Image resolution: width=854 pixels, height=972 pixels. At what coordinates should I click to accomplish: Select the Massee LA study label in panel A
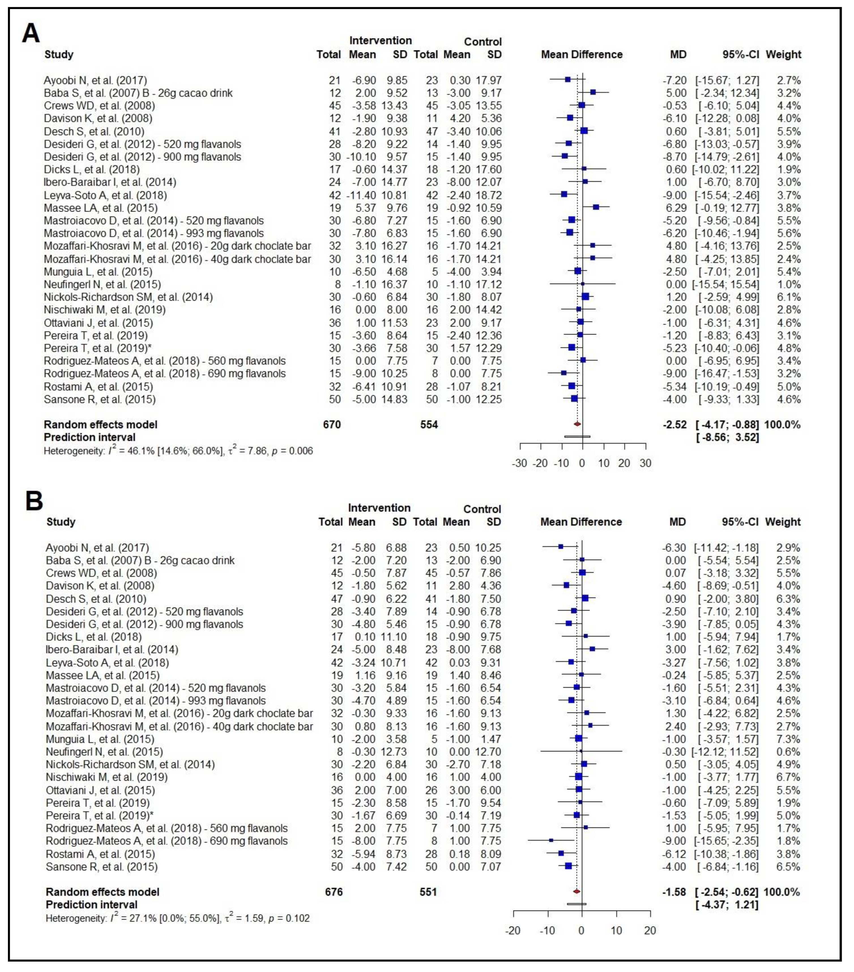click(101, 208)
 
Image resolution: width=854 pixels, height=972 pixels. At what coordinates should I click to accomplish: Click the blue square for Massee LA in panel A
click(596, 207)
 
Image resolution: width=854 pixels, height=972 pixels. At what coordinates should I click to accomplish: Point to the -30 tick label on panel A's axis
click(520, 463)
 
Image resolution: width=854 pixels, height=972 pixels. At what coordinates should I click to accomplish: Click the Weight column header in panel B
click(783, 522)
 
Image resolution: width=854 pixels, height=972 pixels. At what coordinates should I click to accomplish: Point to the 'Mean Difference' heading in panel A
click(581, 55)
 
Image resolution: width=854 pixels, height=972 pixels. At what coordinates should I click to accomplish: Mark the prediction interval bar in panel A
click(577, 436)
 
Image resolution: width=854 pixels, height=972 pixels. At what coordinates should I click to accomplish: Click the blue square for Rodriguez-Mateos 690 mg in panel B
click(551, 840)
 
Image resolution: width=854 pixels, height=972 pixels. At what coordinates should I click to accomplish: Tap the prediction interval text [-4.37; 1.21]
click(727, 904)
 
